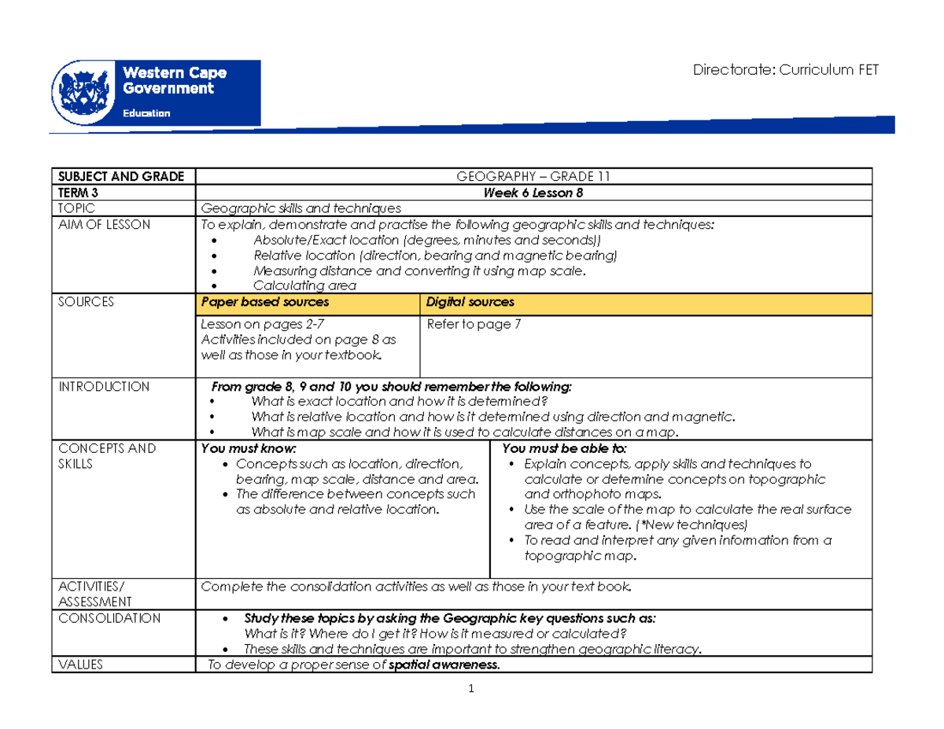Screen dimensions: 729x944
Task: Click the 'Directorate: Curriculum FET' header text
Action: (x=784, y=71)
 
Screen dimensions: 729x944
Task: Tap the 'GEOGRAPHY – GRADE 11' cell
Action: (x=533, y=175)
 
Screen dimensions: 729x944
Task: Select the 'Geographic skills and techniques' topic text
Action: (x=301, y=208)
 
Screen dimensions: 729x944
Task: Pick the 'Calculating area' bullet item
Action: (x=304, y=285)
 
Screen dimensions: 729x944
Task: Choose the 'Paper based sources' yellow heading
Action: (x=265, y=302)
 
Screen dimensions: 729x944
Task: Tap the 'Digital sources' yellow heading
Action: (x=470, y=302)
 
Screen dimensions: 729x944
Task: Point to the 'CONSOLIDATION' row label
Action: (x=104, y=618)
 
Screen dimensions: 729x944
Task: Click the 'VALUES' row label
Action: (x=76, y=665)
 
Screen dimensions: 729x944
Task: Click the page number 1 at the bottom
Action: (x=470, y=690)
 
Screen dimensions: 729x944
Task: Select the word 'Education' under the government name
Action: (x=146, y=112)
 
